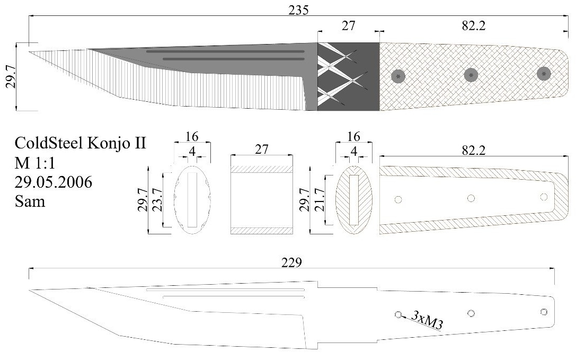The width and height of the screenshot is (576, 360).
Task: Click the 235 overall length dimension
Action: click(x=298, y=10)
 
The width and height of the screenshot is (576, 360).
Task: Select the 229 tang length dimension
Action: click(x=291, y=263)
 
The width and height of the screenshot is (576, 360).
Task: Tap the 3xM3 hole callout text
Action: click(x=427, y=320)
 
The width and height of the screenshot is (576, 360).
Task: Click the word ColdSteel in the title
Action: click(x=49, y=143)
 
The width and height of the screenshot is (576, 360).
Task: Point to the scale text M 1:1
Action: click(x=34, y=162)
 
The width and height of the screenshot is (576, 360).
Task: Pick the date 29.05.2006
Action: click(x=54, y=182)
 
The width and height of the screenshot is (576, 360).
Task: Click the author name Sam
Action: click(x=30, y=201)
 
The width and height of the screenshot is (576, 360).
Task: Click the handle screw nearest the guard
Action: click(x=398, y=76)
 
